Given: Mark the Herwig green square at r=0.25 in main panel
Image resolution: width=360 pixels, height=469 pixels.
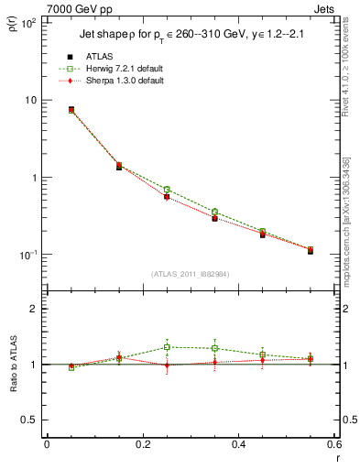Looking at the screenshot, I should (x=167, y=190).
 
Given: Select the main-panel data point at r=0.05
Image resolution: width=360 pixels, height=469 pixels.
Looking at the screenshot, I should (x=71, y=110).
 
